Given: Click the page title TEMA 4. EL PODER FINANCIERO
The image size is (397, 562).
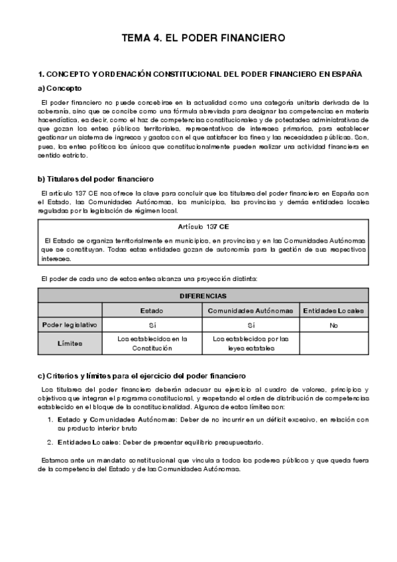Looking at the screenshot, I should click(203, 38).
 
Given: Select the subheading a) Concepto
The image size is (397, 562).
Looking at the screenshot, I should click(60, 87).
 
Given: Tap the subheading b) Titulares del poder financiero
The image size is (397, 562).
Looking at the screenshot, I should click(96, 179).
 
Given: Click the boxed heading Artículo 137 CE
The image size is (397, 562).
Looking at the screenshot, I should click(203, 227).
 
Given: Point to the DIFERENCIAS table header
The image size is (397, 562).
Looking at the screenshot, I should click(203, 296).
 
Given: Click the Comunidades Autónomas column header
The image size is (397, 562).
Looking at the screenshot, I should click(251, 310).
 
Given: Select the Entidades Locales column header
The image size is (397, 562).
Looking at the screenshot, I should click(333, 310).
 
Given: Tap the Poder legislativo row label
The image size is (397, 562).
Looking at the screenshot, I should click(70, 325).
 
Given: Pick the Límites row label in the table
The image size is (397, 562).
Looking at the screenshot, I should click(70, 343).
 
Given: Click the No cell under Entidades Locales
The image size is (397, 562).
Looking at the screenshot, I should click(333, 325).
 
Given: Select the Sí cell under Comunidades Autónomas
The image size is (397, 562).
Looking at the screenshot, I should click(251, 325).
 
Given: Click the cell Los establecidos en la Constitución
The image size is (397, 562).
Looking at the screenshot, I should click(152, 343).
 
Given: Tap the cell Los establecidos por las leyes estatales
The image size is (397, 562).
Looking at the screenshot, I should click(251, 343).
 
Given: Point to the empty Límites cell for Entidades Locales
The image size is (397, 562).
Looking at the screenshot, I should click(333, 343).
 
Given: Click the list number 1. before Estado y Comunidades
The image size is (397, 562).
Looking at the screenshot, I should click(50, 420).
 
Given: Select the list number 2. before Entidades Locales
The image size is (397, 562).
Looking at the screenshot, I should click(50, 442).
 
